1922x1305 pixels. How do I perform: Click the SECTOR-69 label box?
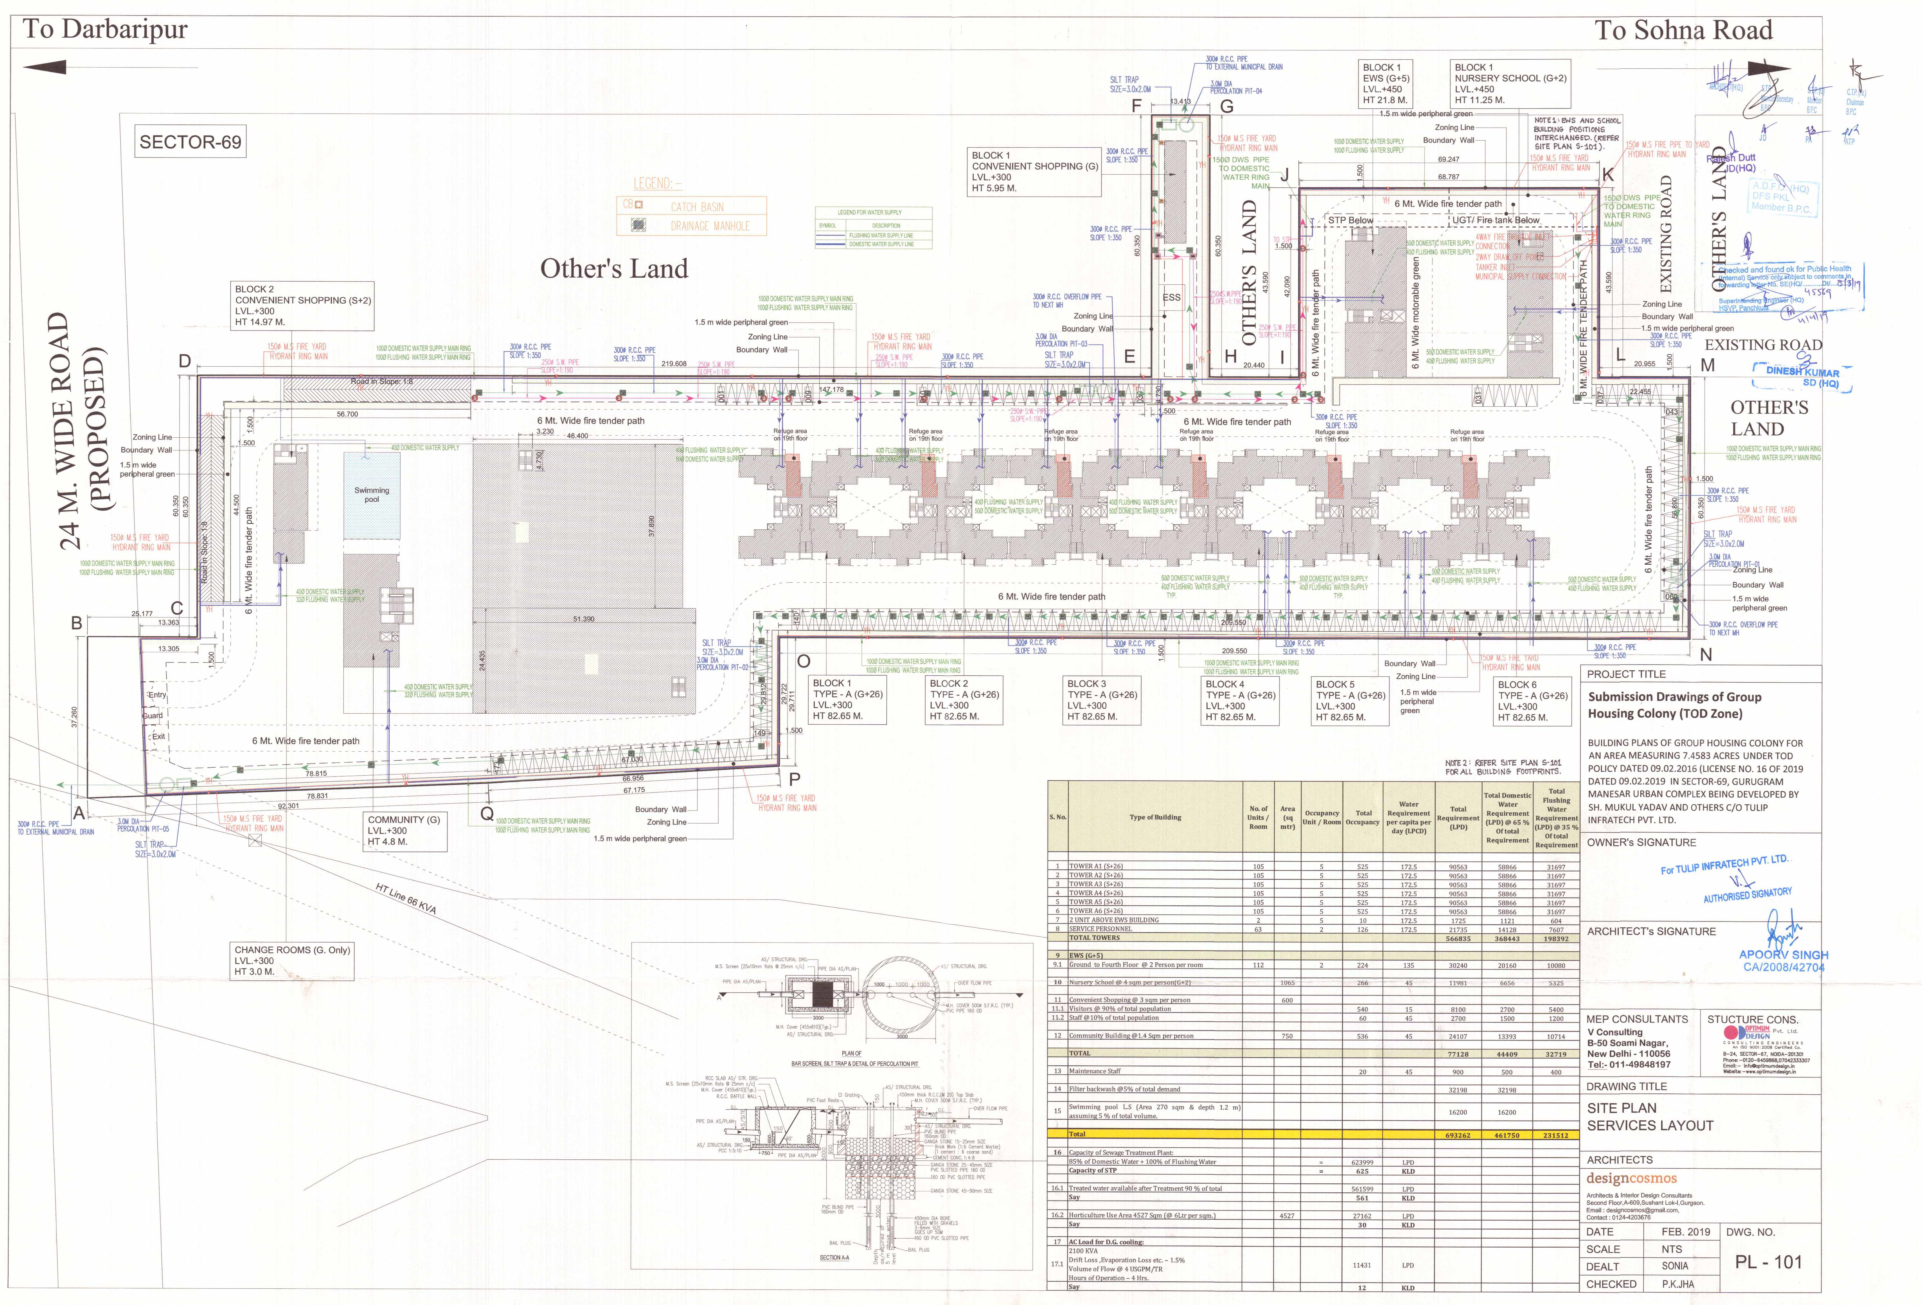pos(190,142)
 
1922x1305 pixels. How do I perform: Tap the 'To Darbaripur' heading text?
pos(105,30)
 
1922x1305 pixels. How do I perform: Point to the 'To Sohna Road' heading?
pos(1683,31)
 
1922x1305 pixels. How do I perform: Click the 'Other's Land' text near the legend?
pos(614,269)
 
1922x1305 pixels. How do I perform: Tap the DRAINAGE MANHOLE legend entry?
pos(709,226)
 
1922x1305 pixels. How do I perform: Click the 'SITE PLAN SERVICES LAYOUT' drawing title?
pos(1650,1116)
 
